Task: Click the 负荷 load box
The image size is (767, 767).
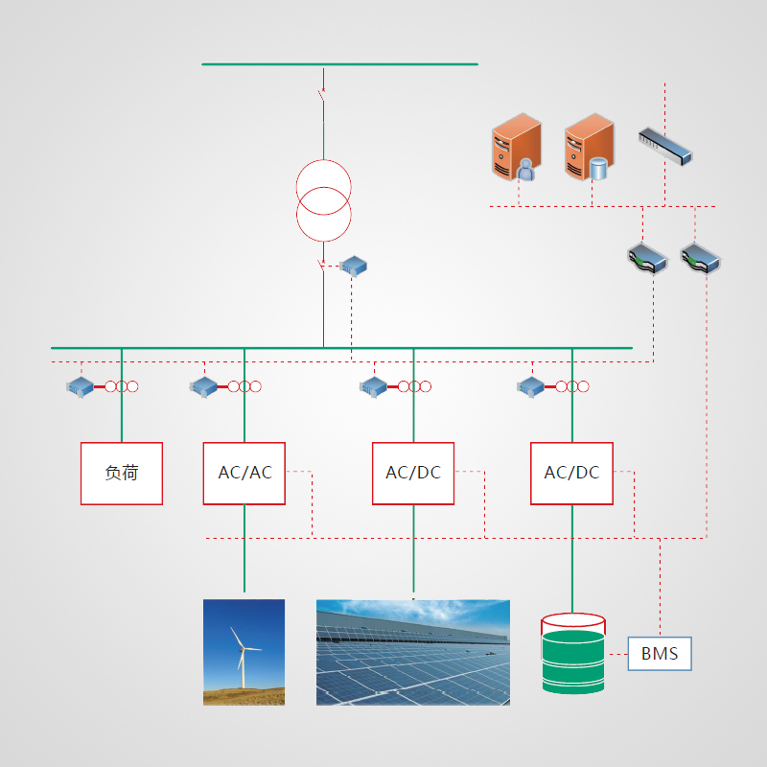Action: (x=121, y=473)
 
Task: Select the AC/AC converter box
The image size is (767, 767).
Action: (x=244, y=473)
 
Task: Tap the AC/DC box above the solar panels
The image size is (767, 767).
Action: (x=413, y=473)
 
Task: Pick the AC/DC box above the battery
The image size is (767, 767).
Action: (x=571, y=473)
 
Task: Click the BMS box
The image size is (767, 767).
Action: (x=660, y=654)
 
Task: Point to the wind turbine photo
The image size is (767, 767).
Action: (x=244, y=652)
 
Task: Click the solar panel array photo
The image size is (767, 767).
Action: (x=413, y=652)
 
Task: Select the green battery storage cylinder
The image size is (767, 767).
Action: (x=572, y=654)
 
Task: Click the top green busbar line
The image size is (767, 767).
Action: (x=339, y=64)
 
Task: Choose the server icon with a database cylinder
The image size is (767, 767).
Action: (x=587, y=147)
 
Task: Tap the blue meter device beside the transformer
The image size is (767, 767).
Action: (x=354, y=266)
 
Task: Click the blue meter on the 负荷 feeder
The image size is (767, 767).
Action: (x=80, y=386)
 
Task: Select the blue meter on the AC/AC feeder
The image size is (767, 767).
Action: (x=203, y=386)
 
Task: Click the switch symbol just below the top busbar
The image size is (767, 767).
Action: (x=323, y=95)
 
